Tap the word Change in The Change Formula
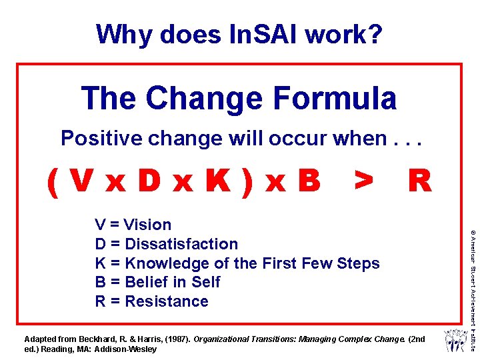(x=203, y=98)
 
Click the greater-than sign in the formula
(x=363, y=180)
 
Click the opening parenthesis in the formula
(x=53, y=180)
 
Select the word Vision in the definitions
(x=147, y=225)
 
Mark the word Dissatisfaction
(x=181, y=244)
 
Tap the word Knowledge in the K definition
(x=162, y=263)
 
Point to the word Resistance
(x=167, y=301)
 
